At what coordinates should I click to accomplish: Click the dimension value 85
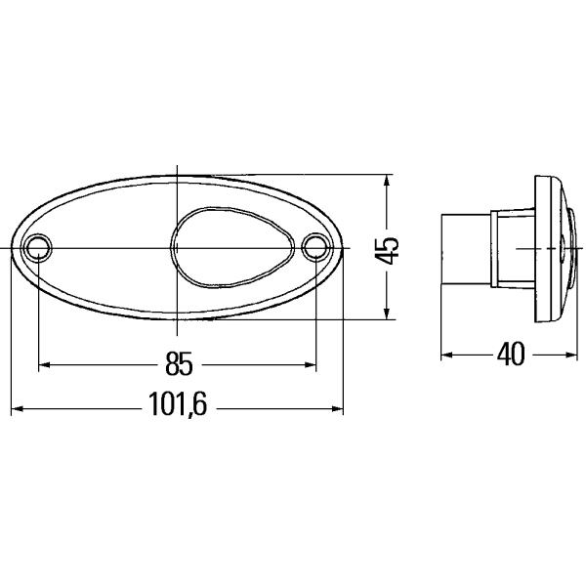tap(178, 365)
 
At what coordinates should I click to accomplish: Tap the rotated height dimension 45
tap(389, 249)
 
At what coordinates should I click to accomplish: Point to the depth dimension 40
tap(509, 354)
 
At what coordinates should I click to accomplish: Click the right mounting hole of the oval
tap(315, 247)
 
